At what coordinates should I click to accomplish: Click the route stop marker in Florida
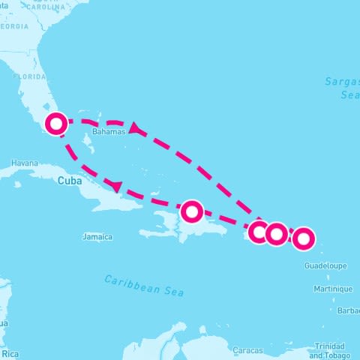coord(56,123)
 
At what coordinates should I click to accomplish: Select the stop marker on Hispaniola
coord(192,211)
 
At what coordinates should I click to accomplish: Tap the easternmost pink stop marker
coord(303,239)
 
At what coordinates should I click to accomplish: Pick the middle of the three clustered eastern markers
coord(277,234)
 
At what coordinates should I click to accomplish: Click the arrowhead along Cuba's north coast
coord(116,185)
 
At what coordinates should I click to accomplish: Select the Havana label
coord(25,163)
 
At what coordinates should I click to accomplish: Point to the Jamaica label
coord(97,237)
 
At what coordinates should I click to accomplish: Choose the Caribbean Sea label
coord(143,284)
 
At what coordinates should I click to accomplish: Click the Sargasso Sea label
coord(342,88)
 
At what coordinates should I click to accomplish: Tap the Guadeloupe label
coord(325,265)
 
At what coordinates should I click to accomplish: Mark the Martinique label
coord(333,289)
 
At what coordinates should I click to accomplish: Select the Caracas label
coord(247,350)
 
